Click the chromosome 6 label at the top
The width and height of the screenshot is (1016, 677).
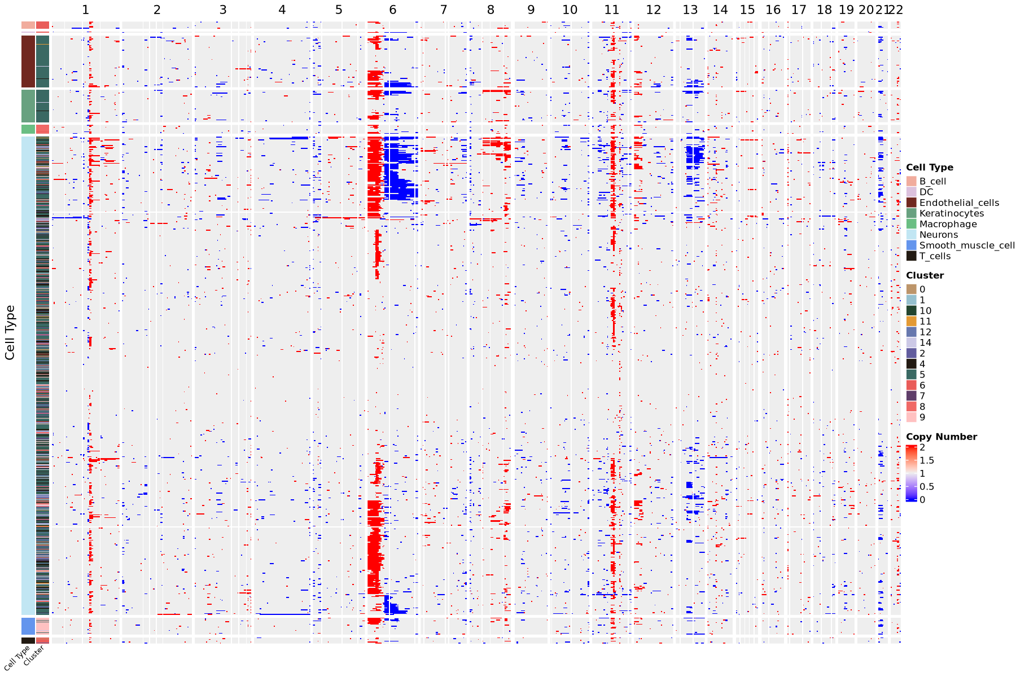392,10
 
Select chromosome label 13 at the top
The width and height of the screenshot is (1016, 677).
690,10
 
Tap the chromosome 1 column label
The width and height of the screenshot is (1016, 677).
85,10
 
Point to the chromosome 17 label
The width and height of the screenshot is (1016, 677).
799,10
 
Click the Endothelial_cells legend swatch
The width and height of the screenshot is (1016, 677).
911,203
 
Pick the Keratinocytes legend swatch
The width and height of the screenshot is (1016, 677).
911,213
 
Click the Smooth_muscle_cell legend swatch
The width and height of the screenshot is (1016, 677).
911,245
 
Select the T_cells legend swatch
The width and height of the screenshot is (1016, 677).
911,256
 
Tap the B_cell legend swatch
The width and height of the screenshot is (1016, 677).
911,181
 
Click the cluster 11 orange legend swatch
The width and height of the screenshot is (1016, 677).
911,322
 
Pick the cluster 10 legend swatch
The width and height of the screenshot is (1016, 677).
911,311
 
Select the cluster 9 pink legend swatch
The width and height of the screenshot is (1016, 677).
911,417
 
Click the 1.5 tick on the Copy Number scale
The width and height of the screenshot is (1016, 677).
926,460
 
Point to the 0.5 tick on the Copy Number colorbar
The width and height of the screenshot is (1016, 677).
926,486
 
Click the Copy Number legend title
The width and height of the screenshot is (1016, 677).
941,437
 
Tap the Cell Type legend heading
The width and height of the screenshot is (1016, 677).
929,168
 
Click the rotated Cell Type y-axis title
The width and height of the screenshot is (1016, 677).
10,333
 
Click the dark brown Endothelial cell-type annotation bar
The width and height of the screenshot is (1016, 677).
28,61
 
